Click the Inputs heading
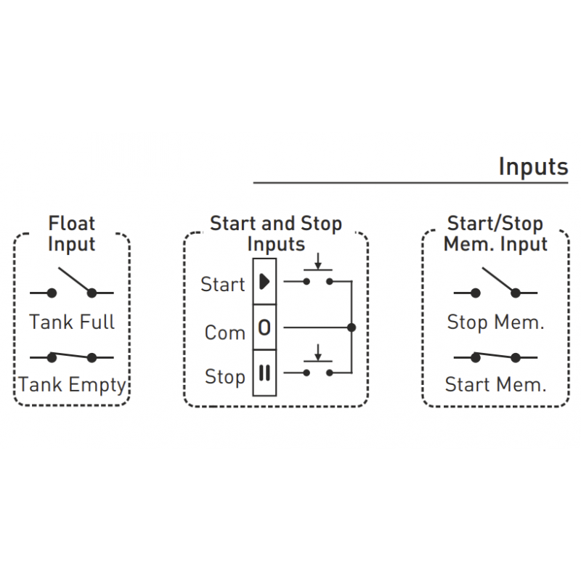532,167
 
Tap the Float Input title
71,233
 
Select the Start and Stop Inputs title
275,233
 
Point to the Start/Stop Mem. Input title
495,233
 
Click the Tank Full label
72,322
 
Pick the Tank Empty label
72,385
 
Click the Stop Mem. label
495,322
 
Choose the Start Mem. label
495,385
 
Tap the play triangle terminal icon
264,281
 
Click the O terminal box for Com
264,328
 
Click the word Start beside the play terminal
223,285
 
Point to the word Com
225,333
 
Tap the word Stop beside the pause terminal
225,377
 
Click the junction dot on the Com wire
352,328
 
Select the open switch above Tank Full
72,284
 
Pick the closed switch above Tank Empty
72,357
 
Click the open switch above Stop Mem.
495,284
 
